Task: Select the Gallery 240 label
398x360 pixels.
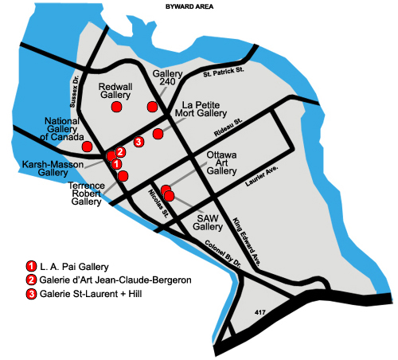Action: (163, 78)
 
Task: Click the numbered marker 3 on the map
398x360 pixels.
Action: (139, 142)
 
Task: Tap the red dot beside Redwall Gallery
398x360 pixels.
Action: (116, 107)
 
